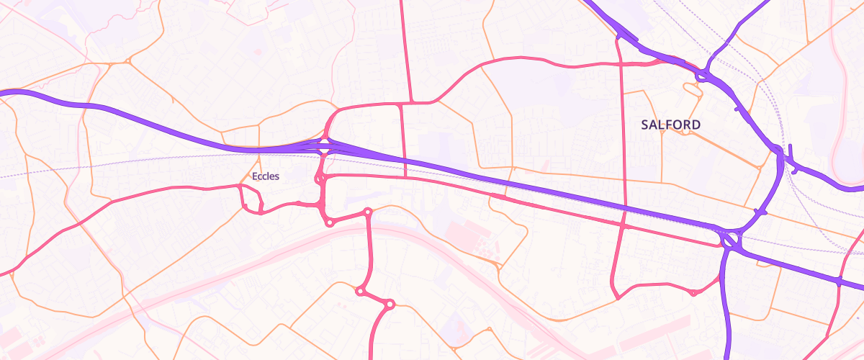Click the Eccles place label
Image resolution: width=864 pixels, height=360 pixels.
tap(265, 176)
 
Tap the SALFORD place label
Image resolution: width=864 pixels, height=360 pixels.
tap(670, 125)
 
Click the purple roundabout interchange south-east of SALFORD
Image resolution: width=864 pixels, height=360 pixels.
tap(729, 238)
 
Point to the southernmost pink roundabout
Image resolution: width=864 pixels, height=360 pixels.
tap(390, 305)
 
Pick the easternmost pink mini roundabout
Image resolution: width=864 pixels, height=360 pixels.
tap(693, 293)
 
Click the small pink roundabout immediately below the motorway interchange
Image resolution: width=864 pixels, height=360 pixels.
tap(320, 177)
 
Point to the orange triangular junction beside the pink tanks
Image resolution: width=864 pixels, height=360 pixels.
tap(498, 267)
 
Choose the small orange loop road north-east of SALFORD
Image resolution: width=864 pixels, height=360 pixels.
tap(693, 89)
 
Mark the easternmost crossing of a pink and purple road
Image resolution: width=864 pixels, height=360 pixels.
tap(839, 280)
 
